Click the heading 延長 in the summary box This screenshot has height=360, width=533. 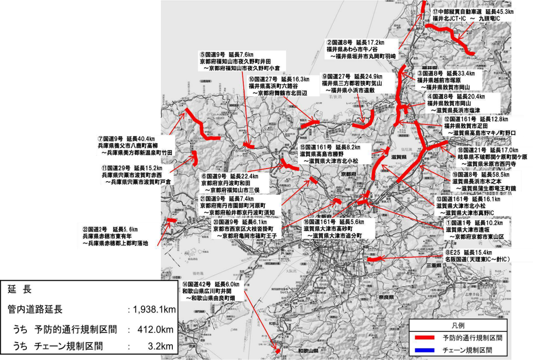(20, 290)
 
